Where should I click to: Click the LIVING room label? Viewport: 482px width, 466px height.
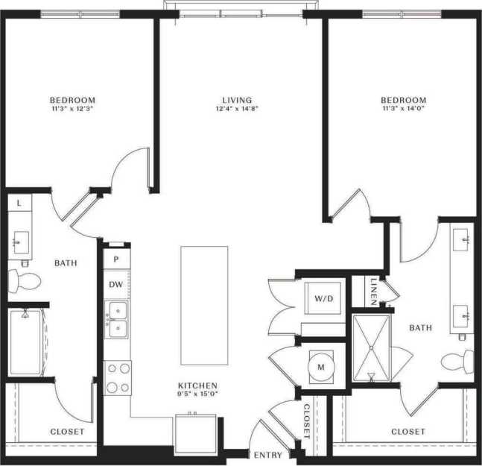pos(238,100)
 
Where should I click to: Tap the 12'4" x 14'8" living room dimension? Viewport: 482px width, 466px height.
pos(238,109)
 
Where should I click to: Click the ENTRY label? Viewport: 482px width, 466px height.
pos(267,454)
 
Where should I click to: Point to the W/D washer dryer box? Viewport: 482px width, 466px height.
pos(323,299)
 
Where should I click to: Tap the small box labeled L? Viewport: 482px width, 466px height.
pos(19,203)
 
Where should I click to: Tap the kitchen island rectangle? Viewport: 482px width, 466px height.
pos(203,295)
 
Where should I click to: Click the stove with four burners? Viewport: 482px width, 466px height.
pos(118,377)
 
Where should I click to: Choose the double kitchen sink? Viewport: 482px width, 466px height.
pos(118,319)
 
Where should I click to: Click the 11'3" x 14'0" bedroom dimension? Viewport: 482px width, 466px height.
pos(403,109)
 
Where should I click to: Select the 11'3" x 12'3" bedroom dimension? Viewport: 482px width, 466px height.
pos(72,109)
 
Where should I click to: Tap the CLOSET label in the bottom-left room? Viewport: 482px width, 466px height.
pos(67,432)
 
